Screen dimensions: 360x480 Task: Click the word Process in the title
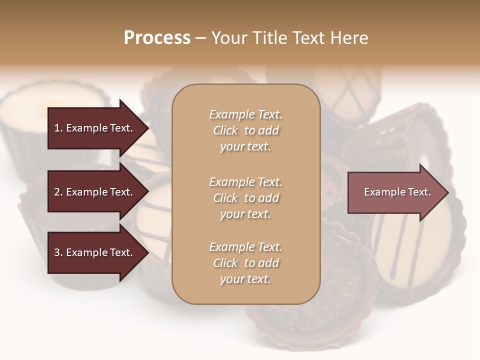click(x=157, y=38)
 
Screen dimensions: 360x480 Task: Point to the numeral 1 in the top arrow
click(x=57, y=128)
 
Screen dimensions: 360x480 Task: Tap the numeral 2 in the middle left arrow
click(x=57, y=192)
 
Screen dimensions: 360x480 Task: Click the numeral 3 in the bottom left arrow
click(x=57, y=252)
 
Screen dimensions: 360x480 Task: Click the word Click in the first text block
click(x=225, y=130)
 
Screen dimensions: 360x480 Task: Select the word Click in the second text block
click(x=225, y=198)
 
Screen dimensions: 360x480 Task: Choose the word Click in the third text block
click(x=225, y=263)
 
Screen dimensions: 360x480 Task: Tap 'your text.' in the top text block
click(x=245, y=147)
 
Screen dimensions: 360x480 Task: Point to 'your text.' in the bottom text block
click(x=245, y=279)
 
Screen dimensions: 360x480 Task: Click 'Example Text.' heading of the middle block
click(x=245, y=181)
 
